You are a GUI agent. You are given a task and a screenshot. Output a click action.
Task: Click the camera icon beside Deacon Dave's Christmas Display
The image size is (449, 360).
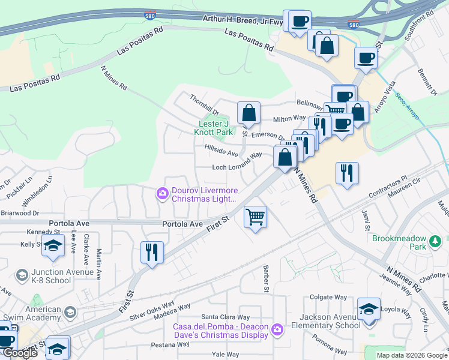[x=277, y=329]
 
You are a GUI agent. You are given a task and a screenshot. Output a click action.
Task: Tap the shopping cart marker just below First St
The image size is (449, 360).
[x=256, y=217]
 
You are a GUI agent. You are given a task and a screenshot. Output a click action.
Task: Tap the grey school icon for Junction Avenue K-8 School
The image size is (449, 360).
[x=22, y=275]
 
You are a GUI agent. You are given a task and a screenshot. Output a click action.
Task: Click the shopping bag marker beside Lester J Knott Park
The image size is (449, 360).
[x=249, y=113]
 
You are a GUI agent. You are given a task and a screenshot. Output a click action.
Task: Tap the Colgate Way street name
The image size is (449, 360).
[x=328, y=297]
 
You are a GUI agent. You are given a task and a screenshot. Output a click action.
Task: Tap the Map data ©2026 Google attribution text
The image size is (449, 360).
[x=411, y=355]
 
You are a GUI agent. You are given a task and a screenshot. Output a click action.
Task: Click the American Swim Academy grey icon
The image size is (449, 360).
[x=71, y=312]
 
